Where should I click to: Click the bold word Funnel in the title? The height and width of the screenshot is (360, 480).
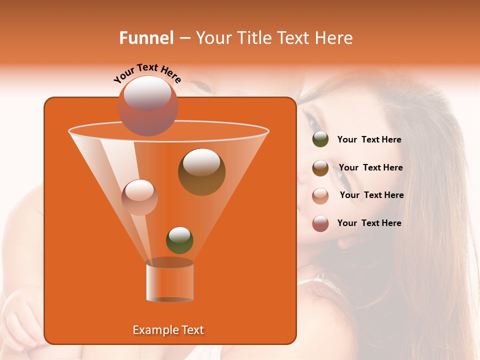[146, 38]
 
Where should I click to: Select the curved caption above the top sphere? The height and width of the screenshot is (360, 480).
[147, 72]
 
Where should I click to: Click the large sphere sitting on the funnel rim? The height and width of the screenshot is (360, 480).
[148, 105]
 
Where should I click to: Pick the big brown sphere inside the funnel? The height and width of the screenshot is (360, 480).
[201, 172]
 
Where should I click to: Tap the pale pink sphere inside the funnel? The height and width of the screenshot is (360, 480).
[139, 197]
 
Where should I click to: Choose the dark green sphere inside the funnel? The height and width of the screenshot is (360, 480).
[179, 240]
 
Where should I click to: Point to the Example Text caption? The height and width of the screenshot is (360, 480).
[168, 330]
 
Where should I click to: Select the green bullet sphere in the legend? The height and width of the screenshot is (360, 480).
[320, 139]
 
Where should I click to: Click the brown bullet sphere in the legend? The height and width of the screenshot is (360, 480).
[320, 167]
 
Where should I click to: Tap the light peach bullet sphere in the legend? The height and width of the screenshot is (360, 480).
[320, 195]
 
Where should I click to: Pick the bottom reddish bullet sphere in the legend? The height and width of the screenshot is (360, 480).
[320, 223]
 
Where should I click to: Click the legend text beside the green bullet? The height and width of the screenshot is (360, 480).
[369, 140]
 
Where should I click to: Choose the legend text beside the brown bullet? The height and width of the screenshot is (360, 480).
[371, 168]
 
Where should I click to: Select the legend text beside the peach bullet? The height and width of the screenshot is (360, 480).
[372, 195]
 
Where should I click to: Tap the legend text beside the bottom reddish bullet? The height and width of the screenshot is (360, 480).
[369, 223]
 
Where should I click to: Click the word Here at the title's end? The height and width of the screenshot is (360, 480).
[335, 38]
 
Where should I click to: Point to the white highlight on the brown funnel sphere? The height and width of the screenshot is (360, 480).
[201, 162]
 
